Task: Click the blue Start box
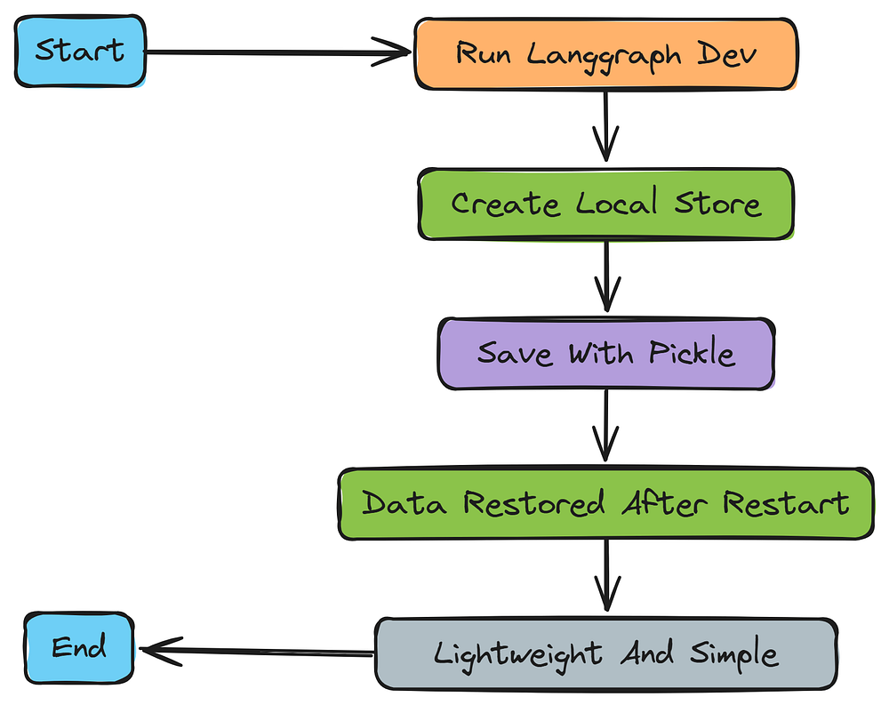pos(80,52)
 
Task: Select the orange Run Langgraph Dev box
pos(606,53)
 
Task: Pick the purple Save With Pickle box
pos(606,354)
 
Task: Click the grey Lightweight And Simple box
pos(606,655)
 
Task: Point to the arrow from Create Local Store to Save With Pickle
pos(606,277)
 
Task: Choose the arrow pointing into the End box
pos(258,653)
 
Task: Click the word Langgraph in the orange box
pos(605,54)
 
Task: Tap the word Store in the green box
pos(718,204)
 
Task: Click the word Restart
pos(786,504)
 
